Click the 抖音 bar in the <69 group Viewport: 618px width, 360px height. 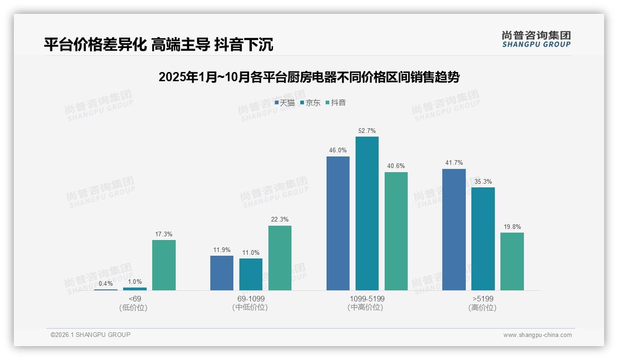(164, 265)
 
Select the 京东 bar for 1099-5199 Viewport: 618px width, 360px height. (367, 213)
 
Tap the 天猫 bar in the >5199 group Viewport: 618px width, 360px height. (454, 229)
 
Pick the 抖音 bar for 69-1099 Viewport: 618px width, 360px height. (280, 258)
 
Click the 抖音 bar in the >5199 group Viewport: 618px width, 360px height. (512, 261)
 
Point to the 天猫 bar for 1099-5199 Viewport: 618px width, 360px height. (338, 223)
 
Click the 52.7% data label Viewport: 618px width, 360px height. (367, 131)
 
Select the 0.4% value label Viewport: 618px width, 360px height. (106, 283)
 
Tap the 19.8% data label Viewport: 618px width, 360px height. (512, 227)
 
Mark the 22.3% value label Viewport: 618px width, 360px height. (280, 220)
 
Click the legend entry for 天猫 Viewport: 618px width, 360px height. (285, 102)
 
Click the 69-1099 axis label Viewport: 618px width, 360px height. (250, 299)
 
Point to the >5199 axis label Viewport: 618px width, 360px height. (482, 299)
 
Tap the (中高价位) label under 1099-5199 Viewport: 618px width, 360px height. (365, 307)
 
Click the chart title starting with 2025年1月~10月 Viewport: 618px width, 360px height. (309, 77)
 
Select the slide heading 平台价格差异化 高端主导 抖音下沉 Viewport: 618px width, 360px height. (159, 44)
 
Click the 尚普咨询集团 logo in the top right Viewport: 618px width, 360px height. (536, 39)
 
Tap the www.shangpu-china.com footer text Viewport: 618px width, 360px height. (537, 335)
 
